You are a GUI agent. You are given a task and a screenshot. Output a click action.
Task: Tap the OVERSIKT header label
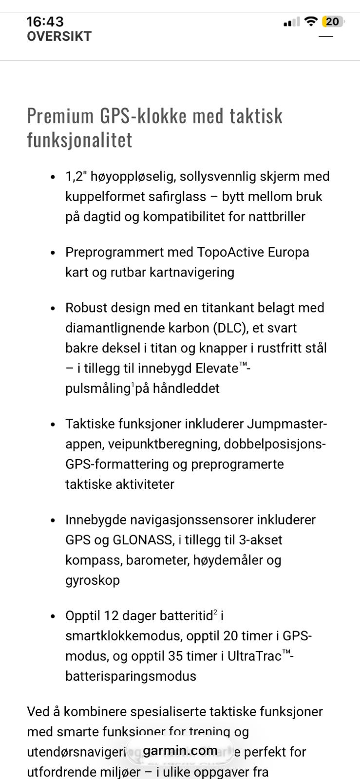59,37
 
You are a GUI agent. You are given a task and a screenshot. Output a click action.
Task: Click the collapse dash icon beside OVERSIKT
325,37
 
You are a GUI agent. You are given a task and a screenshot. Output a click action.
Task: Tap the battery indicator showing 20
332,21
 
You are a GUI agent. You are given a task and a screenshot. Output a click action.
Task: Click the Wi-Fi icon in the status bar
310,21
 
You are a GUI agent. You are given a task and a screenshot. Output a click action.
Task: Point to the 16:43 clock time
45,21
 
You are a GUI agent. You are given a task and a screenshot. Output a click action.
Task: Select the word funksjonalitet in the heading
79,140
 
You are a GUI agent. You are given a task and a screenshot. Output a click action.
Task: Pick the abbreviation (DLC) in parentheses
228,328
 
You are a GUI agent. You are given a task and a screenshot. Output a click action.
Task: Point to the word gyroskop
93,580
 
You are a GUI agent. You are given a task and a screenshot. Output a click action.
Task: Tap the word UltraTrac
254,656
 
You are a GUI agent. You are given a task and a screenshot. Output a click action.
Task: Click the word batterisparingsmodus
131,676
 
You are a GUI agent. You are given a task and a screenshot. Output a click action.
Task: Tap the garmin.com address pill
180,751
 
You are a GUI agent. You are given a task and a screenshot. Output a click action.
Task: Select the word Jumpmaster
285,424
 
